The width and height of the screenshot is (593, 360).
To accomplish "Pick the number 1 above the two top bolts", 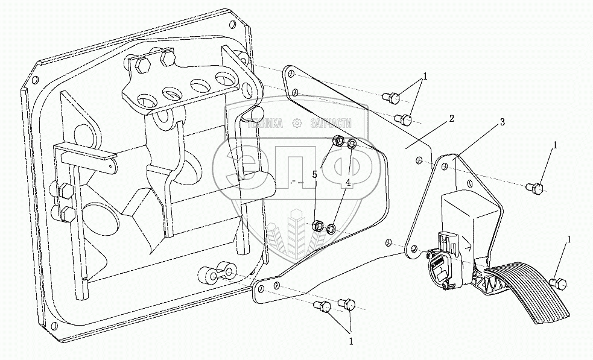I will [425, 77].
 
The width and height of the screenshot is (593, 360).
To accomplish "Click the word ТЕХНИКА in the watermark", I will [266, 124].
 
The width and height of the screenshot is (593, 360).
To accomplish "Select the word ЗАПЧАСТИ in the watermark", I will [330, 124].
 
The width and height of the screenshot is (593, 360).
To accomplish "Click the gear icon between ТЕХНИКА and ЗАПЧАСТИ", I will [296, 124].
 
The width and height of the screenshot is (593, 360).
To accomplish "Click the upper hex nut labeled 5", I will [339, 142].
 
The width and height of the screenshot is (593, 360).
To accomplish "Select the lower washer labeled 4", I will [331, 229].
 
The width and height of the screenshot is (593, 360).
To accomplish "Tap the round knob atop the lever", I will [256, 113].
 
